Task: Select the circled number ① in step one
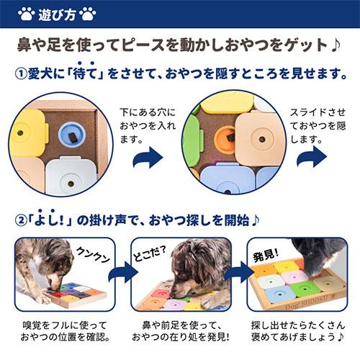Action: pyautogui.click(x=23, y=74)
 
